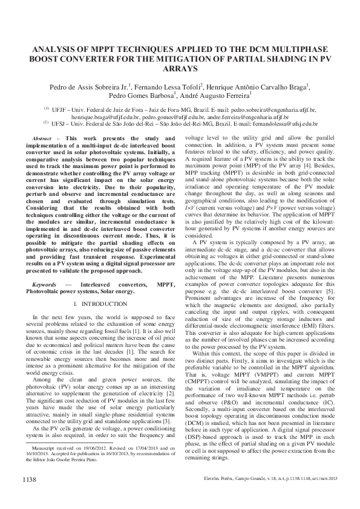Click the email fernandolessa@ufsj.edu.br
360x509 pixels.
(x=283, y=123)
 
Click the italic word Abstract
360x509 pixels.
(x=42, y=138)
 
